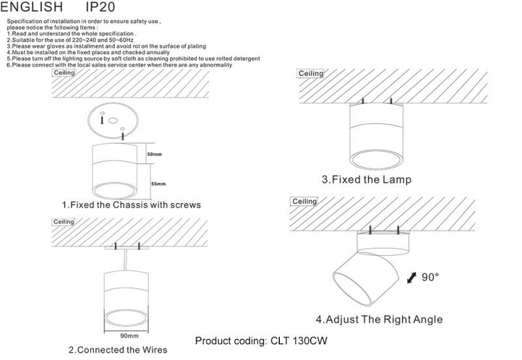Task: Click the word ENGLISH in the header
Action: pos(31,7)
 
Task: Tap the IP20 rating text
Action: pos(100,7)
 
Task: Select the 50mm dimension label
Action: pos(155,155)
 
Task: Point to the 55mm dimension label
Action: pos(158,184)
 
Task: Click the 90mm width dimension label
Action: pos(129,336)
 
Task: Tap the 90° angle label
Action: pos(430,277)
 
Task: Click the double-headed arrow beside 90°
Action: pos(412,278)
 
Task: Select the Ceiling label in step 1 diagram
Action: pos(64,72)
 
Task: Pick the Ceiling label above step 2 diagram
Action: pos(63,222)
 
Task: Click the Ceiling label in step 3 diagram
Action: pos(311,73)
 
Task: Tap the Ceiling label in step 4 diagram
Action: pos(304,202)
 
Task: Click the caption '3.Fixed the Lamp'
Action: pos(367,179)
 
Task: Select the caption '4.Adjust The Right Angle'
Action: pos(379,320)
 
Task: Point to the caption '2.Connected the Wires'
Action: pos(118,350)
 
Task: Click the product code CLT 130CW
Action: pos(299,341)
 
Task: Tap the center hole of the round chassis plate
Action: pos(113,121)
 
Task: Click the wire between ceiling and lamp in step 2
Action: pos(125,260)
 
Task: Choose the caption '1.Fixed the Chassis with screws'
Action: pos(132,205)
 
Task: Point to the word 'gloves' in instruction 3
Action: pos(55,46)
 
